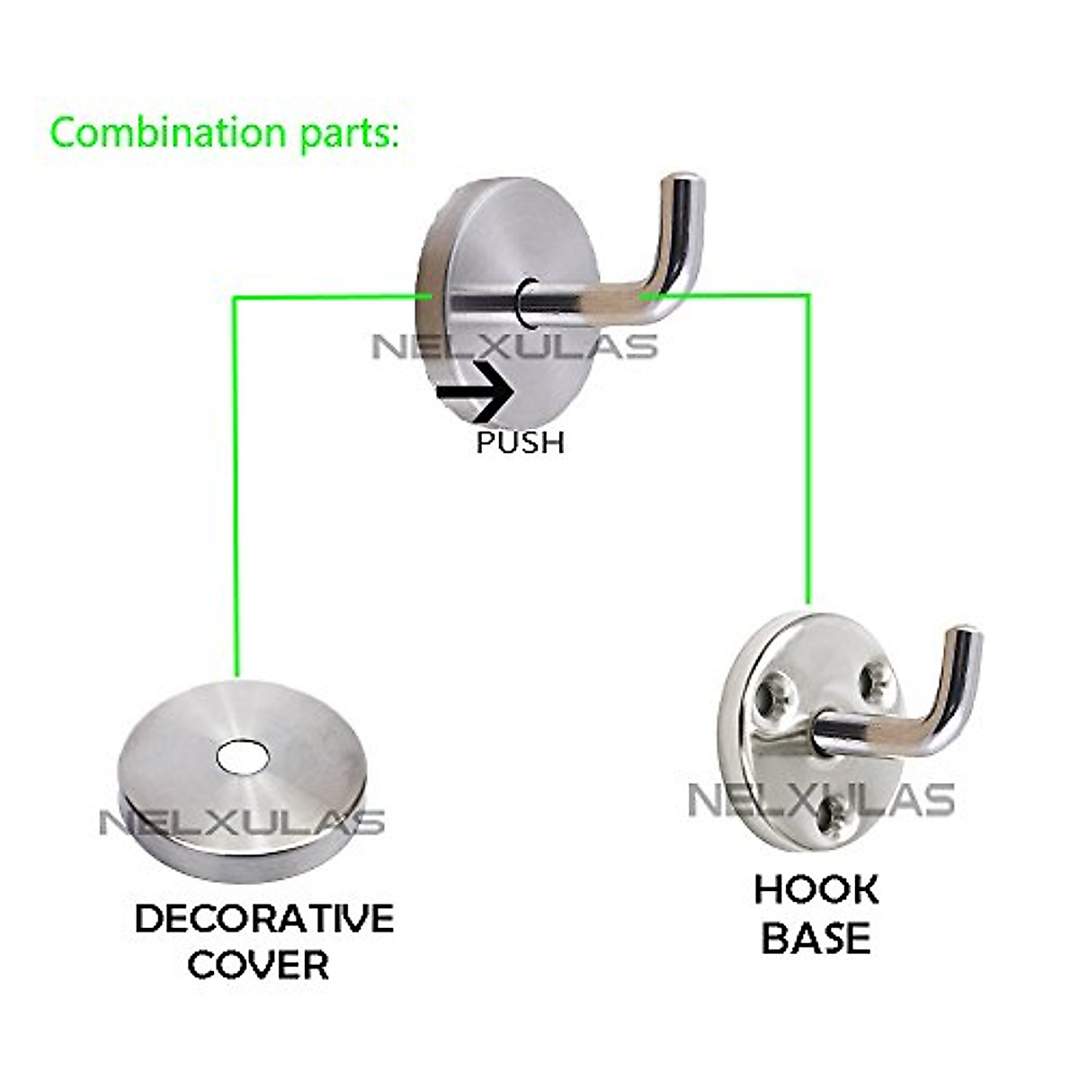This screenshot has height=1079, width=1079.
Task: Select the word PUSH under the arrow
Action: pos(520,442)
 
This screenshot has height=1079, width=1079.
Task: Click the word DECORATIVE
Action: pos(263,919)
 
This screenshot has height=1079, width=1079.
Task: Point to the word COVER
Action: pos(259,966)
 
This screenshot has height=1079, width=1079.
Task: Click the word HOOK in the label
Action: pos(816,889)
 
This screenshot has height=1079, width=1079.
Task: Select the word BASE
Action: pos(816,938)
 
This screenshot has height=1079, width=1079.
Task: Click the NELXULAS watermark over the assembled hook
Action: pos(514,346)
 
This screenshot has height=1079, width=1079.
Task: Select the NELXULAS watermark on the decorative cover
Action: pos(241,822)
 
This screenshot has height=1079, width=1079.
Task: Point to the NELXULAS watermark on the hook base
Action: pos(820,799)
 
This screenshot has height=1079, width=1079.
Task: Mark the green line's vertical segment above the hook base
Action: pos(807,450)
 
